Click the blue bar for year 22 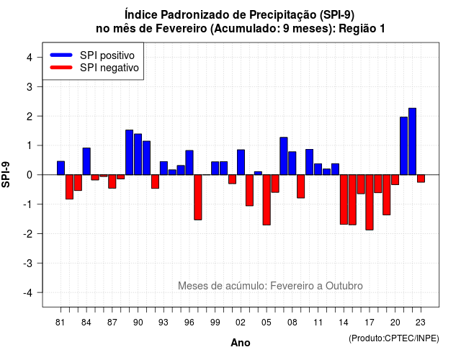coord(412,141)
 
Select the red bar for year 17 coord(370,202)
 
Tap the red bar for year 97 coord(198,197)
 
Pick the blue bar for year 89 coord(130,152)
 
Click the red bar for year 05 coord(267,200)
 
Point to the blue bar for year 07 coord(284,156)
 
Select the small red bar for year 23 coord(421,179)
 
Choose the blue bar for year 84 coord(86,161)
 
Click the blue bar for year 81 coord(61,168)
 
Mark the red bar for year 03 coord(249,190)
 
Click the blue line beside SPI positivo coord(61,55)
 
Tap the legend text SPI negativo coord(109,68)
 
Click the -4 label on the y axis coord(29,293)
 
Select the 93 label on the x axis coord(164,323)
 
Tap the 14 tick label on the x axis coord(344,323)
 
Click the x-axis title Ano coord(241,343)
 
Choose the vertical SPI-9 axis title coord(6,174)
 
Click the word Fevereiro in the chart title coord(181,29)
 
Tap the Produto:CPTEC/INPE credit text coord(394,338)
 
